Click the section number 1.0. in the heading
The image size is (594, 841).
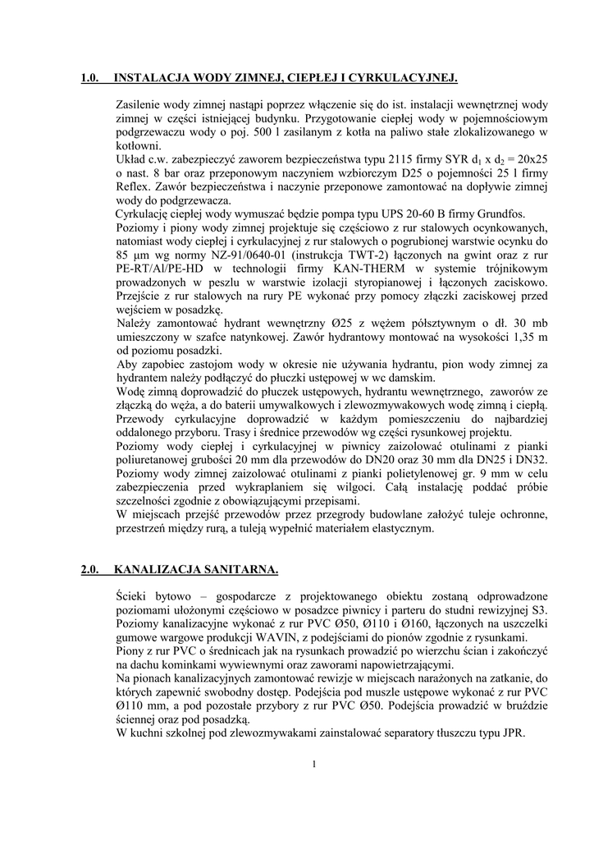point(90,79)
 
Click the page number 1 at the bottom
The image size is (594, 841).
point(314,765)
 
